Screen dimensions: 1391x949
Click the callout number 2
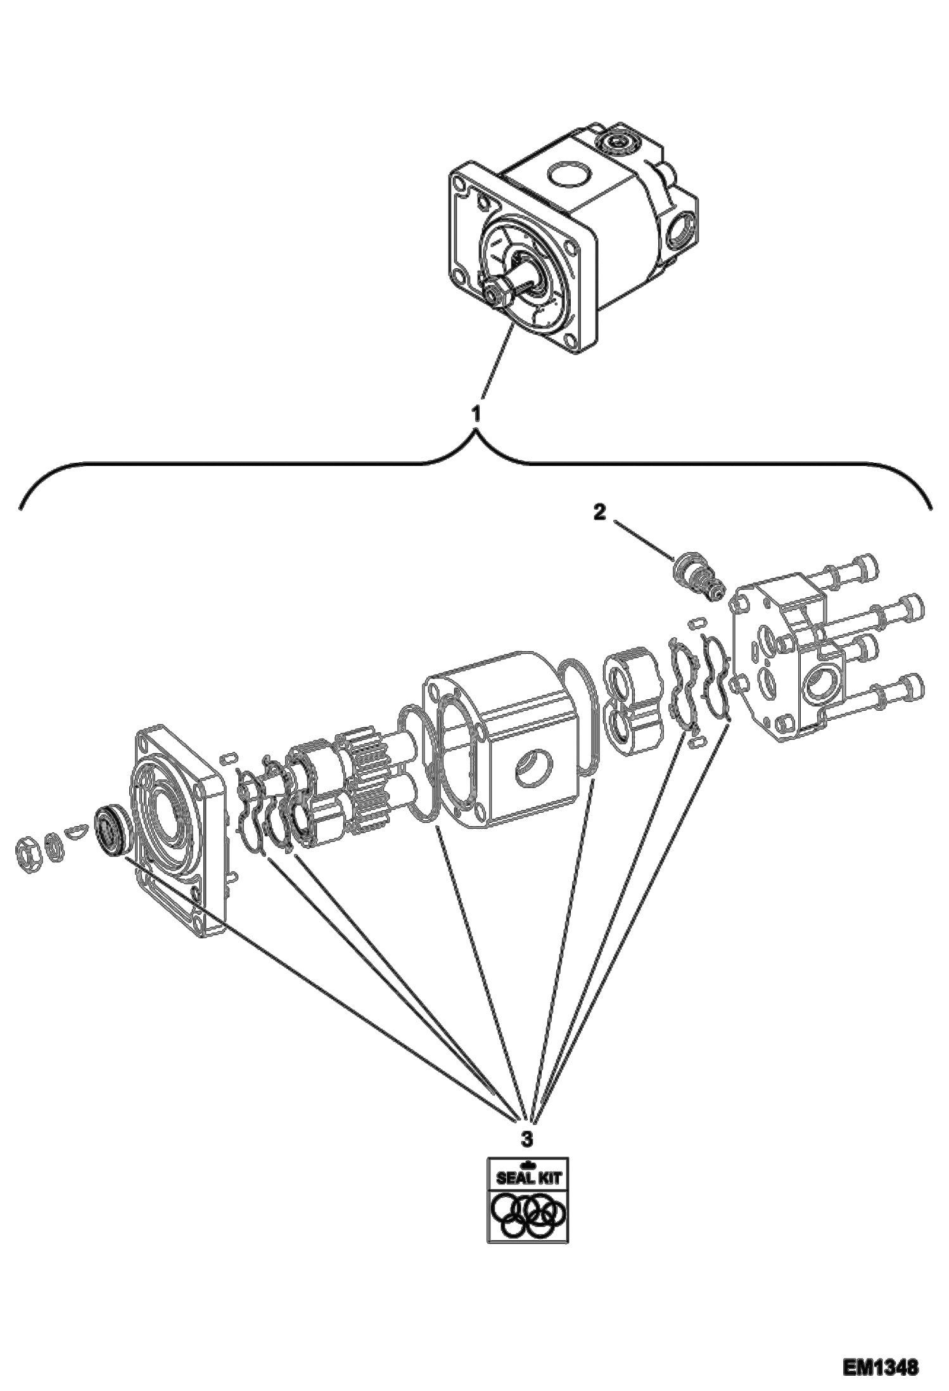599,512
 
